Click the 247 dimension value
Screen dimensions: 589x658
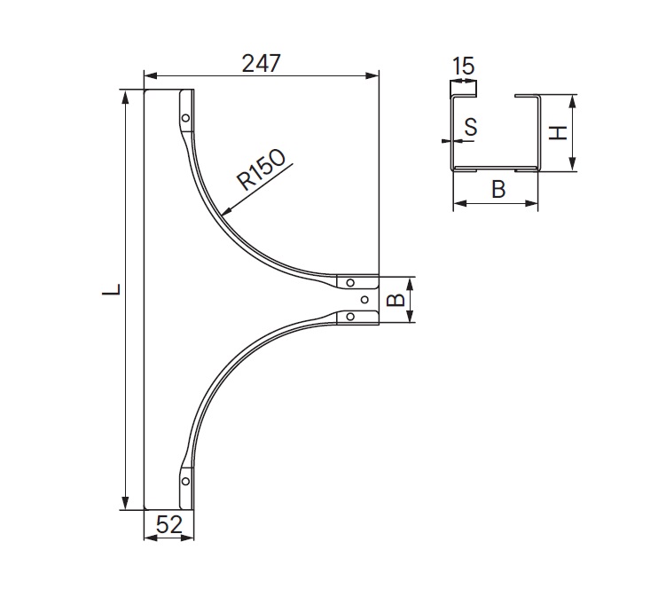tap(261, 63)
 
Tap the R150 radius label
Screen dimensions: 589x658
tap(262, 170)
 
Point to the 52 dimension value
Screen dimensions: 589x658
tap(168, 525)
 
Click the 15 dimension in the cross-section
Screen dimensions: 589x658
tap(463, 67)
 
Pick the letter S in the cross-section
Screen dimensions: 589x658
tap(471, 128)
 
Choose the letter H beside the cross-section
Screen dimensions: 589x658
tap(557, 133)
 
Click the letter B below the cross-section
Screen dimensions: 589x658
tap(498, 189)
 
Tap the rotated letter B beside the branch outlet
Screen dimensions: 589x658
tap(397, 300)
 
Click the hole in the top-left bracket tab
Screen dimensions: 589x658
tap(184, 118)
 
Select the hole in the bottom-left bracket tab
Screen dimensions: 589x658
tap(185, 482)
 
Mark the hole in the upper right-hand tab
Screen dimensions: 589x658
tap(351, 284)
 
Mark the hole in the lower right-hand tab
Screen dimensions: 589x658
tap(351, 317)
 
